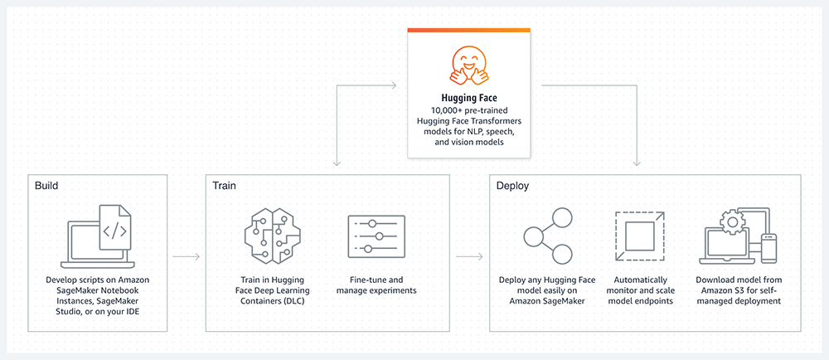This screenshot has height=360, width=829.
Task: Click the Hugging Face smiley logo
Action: tap(469, 66)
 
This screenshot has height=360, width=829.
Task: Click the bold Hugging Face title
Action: tap(469, 99)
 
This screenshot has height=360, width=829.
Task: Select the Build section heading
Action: tap(47, 186)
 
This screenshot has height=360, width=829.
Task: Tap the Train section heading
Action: tap(224, 186)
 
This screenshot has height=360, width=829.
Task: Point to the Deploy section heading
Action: tap(513, 186)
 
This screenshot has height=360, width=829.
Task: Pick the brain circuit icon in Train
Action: tap(268, 234)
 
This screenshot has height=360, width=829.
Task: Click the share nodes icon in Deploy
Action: tap(547, 235)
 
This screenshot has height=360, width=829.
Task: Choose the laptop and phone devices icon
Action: tap(738, 235)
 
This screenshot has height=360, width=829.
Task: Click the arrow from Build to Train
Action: tap(186, 256)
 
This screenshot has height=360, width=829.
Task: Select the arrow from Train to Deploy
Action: tap(470, 256)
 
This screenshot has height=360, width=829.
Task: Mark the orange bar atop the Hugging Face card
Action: tap(469, 30)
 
